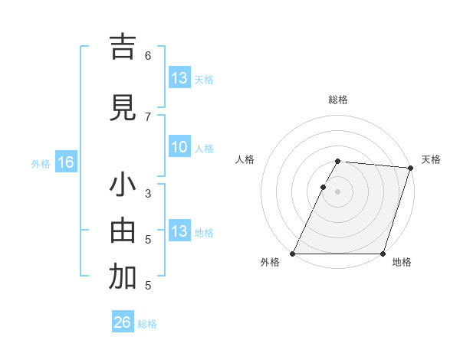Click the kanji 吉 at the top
click(123, 47)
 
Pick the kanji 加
click(123, 277)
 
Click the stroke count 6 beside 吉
click(148, 55)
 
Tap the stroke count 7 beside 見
click(148, 116)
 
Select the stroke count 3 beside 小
click(148, 193)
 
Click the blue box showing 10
click(179, 147)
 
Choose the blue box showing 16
click(65, 162)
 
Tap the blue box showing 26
click(123, 322)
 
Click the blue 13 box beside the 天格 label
click(179, 78)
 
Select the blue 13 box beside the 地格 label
click(179, 231)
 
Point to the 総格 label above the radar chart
click(338, 100)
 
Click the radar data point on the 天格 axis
click(411, 169)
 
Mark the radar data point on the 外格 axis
click(293, 254)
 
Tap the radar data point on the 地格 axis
click(383, 254)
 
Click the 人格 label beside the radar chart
click(245, 159)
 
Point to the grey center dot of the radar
click(338, 191)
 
